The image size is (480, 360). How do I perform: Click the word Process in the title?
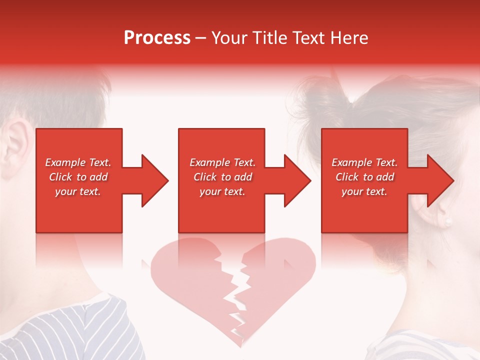tap(157, 38)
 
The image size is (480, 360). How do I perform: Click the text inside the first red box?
tap(78, 177)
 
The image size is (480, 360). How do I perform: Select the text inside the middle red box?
tap(222, 177)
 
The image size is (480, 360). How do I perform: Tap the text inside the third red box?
tap(364, 177)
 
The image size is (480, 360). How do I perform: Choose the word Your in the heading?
tap(230, 38)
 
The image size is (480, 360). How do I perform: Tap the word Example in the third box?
tap(351, 162)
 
